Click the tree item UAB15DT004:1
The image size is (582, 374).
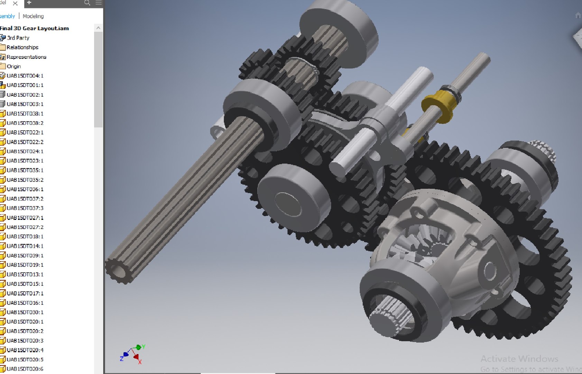click(25, 75)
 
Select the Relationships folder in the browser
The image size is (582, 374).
click(22, 47)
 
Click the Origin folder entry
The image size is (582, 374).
click(14, 66)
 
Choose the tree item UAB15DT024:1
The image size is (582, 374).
click(25, 151)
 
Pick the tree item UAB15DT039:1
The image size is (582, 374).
click(25, 255)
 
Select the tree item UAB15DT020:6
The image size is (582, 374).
click(25, 369)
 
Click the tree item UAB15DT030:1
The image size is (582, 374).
click(25, 312)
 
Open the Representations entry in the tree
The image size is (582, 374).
click(26, 57)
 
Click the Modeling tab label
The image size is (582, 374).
click(33, 16)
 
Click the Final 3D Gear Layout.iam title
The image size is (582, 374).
click(35, 28)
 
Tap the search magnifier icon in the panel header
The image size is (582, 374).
click(87, 3)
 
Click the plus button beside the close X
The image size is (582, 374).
click(29, 3)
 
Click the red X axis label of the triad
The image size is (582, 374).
click(140, 362)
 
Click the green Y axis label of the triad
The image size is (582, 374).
click(143, 347)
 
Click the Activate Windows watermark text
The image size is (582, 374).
click(519, 358)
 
